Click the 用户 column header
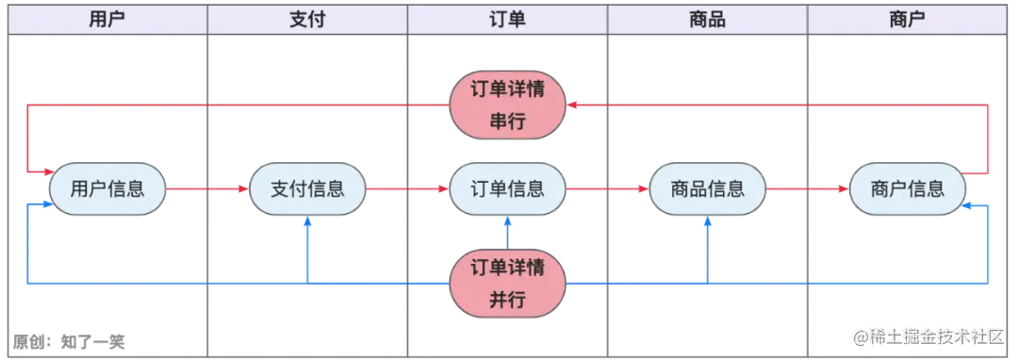107,19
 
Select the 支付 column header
307,19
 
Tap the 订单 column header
508,19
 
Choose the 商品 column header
708,19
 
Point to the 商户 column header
907,19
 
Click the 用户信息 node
107,188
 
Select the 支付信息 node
307,188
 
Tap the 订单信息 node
508,188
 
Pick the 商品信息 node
708,188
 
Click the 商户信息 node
908,188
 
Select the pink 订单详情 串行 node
508,106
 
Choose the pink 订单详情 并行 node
508,283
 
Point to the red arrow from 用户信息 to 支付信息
207,189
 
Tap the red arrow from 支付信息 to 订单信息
407,189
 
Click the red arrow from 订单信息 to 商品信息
608,189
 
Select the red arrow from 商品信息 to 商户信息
808,189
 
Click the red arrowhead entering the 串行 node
574,106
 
